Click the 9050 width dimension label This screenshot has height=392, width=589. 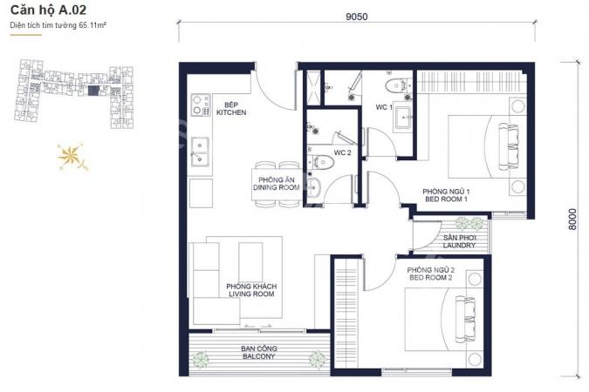tap(357, 17)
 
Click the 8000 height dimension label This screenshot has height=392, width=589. tap(572, 219)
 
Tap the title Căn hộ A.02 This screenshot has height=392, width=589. tap(49, 10)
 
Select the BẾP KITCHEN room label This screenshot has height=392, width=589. tap(231, 109)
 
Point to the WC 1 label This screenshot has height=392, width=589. tap(384, 107)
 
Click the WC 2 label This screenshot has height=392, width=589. tap(342, 152)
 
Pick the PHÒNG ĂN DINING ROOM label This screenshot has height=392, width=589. tap(277, 184)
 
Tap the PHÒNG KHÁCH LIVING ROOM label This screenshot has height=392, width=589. tap(251, 290)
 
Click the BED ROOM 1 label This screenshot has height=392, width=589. tap(446, 199)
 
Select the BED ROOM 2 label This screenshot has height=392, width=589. tap(431, 278)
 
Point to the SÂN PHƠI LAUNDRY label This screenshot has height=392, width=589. tap(459, 241)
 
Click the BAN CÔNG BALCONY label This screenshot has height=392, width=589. tap(259, 352)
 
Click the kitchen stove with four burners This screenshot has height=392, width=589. tap(201, 105)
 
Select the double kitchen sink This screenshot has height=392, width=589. tap(200, 152)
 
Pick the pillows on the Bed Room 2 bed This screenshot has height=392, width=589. tap(465, 319)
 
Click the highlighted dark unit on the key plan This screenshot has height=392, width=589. tap(93, 91)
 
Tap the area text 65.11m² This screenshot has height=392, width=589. tap(92, 25)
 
